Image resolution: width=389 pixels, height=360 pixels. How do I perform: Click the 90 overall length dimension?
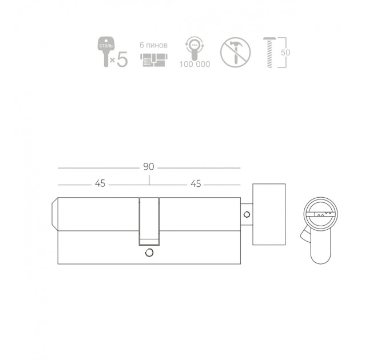pyautogui.click(x=149, y=167)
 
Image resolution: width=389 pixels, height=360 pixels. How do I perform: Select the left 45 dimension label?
pyautogui.click(x=100, y=183)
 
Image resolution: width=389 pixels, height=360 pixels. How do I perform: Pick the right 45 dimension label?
pyautogui.click(x=196, y=184)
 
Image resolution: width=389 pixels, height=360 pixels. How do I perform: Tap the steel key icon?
pyautogui.click(x=106, y=51)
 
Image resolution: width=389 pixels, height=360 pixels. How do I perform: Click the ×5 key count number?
pyautogui.click(x=119, y=59)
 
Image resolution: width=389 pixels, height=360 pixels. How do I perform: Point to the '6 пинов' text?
pyautogui.click(x=153, y=45)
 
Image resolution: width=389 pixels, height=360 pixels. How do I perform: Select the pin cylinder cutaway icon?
pyautogui.click(x=154, y=60)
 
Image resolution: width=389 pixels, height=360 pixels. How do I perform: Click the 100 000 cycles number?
pyautogui.click(x=194, y=64)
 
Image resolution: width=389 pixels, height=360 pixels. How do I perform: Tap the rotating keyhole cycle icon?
pyautogui.click(x=194, y=49)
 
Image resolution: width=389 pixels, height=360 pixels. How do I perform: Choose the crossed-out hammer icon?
pyautogui.click(x=236, y=52)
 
